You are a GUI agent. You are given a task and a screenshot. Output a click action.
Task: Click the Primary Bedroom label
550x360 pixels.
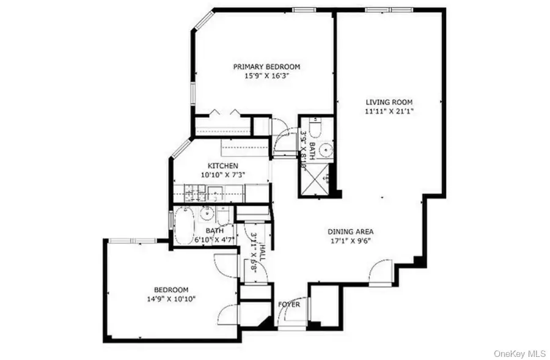pos(266,67)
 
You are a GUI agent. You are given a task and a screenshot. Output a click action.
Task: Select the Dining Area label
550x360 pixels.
pos(350,232)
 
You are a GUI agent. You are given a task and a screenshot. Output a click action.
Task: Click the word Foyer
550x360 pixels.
pos(289,304)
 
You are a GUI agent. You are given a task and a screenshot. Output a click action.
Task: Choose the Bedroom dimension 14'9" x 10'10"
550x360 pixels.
pos(170,299)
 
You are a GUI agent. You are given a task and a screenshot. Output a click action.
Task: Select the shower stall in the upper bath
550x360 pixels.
pos(316,179)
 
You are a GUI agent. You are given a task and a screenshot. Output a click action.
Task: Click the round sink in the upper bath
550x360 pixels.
pos(326,147)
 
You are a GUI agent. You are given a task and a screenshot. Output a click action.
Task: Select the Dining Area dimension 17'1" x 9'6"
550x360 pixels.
pos(350,241)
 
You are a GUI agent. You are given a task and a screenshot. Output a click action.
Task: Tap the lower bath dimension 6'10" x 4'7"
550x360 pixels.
pos(214,240)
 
